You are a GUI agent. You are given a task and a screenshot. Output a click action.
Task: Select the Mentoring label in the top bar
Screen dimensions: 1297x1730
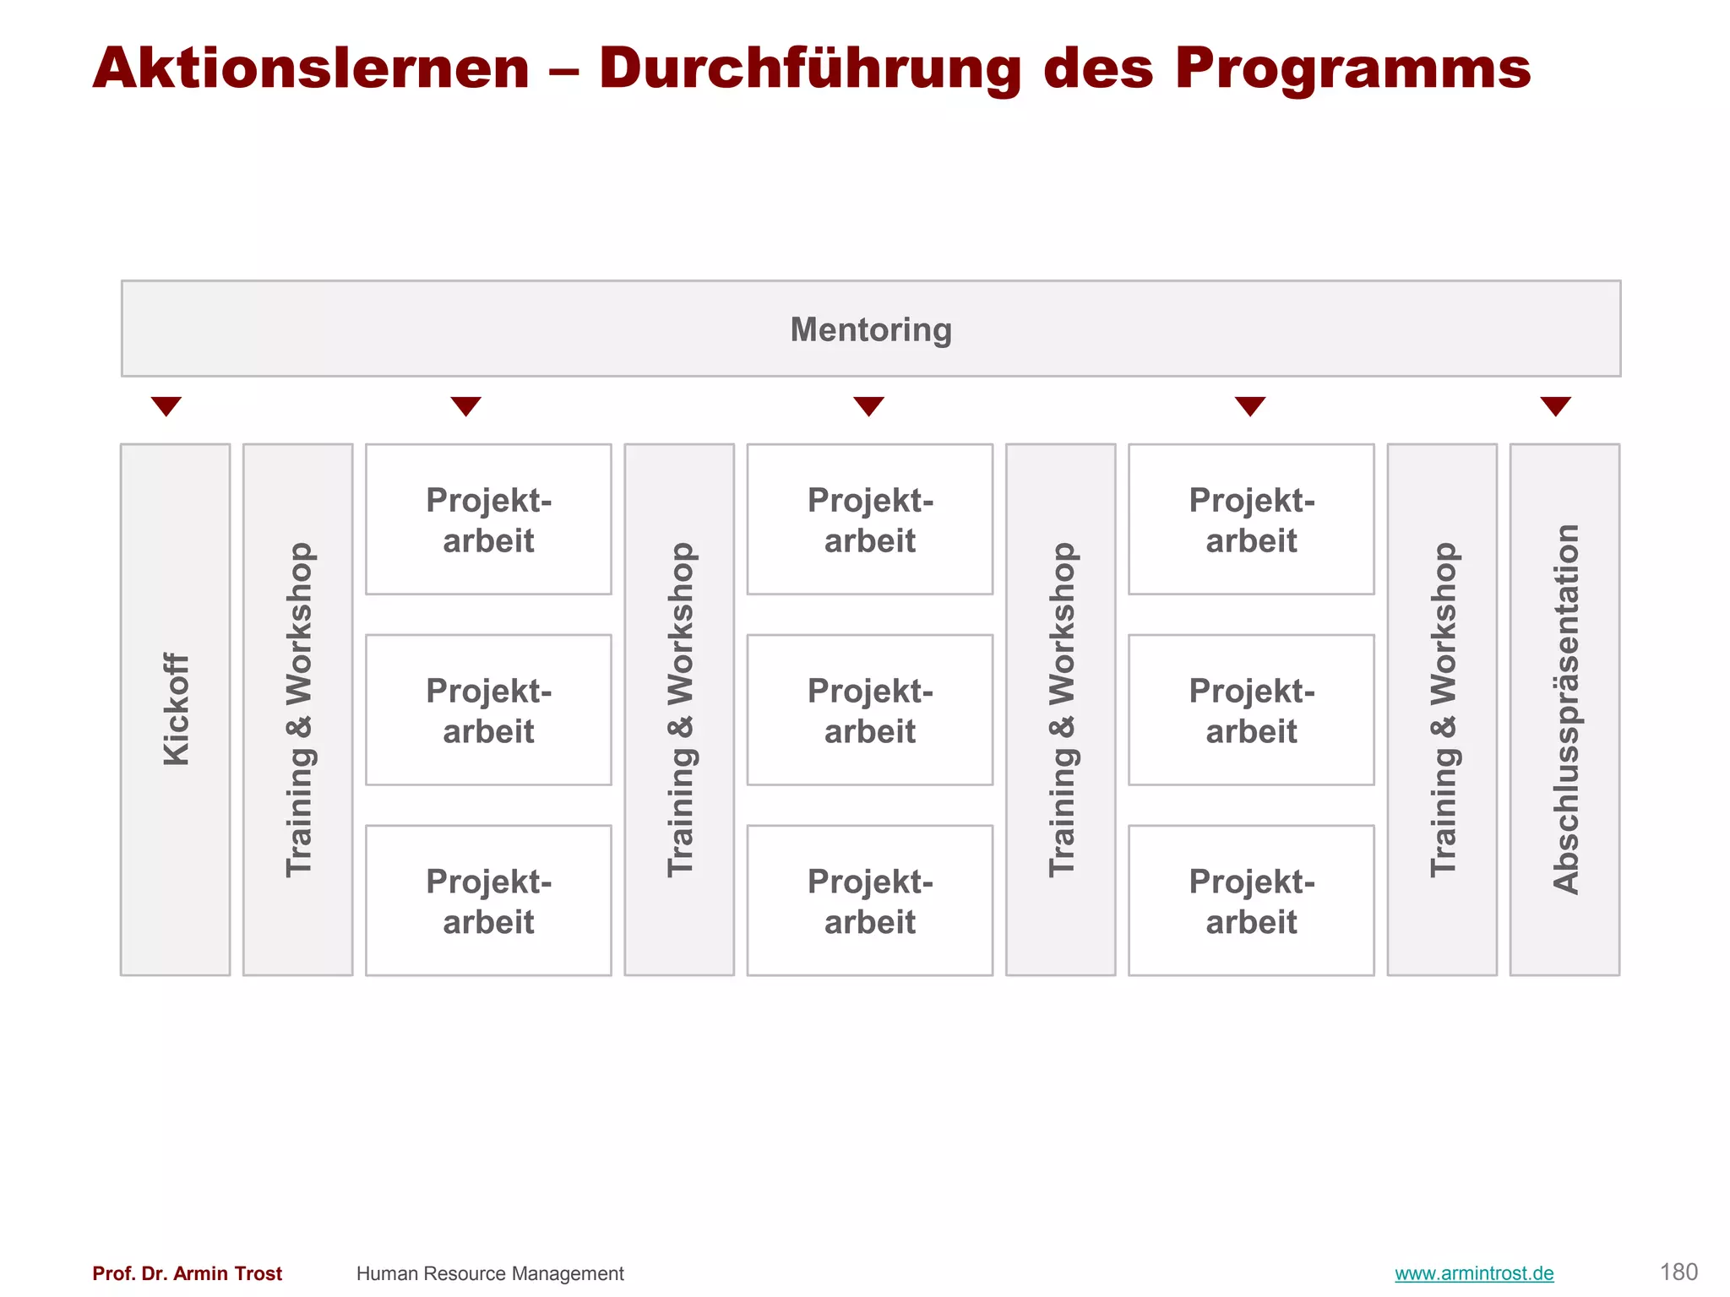pos(871,329)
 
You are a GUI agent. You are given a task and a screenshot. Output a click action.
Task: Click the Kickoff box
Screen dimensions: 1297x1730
pos(176,709)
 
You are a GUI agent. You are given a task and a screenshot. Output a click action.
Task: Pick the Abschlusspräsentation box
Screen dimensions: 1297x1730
pos(1564,709)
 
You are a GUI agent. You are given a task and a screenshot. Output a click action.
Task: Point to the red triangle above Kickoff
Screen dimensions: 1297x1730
pos(166,406)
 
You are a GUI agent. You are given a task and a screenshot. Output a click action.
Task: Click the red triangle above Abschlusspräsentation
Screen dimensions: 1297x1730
pos(1555,406)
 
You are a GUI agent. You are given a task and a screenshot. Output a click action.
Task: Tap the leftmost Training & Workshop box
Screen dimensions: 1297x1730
pos(298,709)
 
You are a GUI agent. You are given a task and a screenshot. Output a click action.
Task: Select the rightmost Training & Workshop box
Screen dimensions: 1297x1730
pos(1442,709)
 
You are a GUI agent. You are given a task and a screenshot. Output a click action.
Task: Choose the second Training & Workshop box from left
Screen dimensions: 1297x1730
pos(679,709)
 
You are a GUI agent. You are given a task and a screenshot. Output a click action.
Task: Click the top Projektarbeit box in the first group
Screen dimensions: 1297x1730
pos(488,519)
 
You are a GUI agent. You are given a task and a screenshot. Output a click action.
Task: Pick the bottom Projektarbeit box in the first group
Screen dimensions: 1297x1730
pos(488,900)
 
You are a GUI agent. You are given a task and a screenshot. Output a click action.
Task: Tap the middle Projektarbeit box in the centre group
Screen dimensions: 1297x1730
pos(870,709)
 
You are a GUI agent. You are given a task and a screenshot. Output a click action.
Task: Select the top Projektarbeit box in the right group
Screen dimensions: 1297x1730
pos(1251,519)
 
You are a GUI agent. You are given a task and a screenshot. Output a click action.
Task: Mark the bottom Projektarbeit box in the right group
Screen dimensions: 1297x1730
pos(1251,900)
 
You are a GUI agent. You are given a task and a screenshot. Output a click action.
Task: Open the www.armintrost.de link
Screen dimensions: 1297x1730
pos(1474,1273)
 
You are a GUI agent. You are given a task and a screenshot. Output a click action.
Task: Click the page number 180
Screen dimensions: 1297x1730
pos(1678,1273)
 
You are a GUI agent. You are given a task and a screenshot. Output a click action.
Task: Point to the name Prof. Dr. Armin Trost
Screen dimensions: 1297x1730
pos(188,1273)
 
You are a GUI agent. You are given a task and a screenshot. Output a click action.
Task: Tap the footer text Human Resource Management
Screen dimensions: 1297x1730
pos(490,1273)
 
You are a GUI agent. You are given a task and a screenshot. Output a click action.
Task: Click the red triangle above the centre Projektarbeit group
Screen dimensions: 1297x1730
pos(868,406)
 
